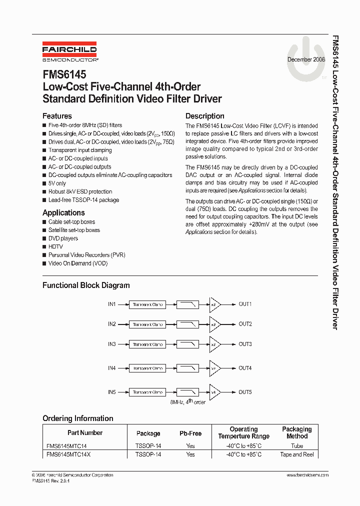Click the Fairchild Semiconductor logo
click(69, 52)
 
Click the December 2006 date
click(306, 59)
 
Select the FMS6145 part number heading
click(64, 74)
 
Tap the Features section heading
click(57, 116)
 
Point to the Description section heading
click(204, 116)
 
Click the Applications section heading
click(63, 212)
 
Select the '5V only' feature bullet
click(57, 183)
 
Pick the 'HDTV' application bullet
click(55, 246)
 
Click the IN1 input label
click(111, 304)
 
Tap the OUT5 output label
click(245, 392)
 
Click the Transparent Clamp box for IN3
click(148, 344)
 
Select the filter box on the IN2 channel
click(188, 324)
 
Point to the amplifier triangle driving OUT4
click(214, 368)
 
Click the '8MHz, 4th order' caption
click(188, 401)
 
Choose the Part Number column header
click(85, 432)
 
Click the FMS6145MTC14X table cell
click(69, 454)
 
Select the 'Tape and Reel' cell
click(297, 454)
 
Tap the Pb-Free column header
click(190, 433)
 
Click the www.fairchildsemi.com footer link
click(307, 475)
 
